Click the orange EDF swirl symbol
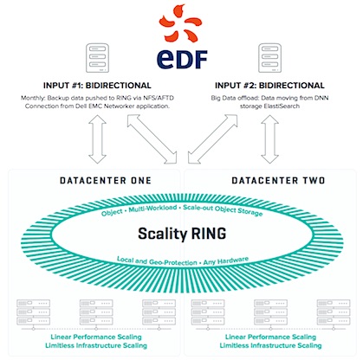[180, 23]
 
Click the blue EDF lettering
[182, 59]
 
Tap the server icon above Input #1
[97, 58]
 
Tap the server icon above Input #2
[269, 58]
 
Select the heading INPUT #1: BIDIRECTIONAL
[97, 86]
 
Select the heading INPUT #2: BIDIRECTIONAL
[269, 86]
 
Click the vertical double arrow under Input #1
[97, 139]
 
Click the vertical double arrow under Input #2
[269, 139]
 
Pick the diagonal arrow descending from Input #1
[152, 139]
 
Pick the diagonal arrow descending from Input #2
[212, 139]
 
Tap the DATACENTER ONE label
[106, 181]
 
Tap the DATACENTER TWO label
[278, 181]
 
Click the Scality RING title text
[182, 234]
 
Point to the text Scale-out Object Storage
[223, 210]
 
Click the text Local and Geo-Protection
[157, 260]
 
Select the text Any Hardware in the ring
[226, 260]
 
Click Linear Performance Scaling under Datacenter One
[96, 337]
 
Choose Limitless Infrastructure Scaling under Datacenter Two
[270, 345]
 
